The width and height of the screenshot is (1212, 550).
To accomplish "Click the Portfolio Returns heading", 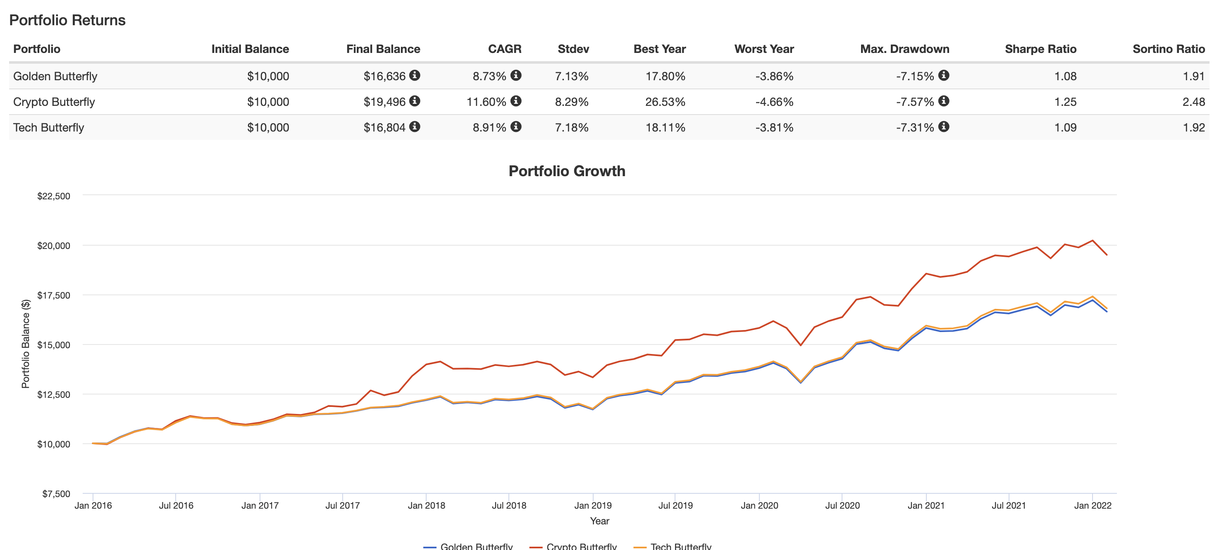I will click(x=67, y=20).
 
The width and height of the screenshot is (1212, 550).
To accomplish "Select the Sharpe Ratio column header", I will click(x=1040, y=49).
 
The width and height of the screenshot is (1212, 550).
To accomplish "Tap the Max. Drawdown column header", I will click(x=904, y=49).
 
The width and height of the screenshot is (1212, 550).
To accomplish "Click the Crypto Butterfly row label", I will click(x=54, y=102).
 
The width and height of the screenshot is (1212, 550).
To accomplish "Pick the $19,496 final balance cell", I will click(x=384, y=102).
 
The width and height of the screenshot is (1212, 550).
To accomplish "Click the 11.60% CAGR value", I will click(x=486, y=102).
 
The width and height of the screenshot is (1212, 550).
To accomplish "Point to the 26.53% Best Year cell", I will click(x=665, y=102).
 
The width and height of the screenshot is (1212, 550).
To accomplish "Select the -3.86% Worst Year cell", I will click(x=774, y=76).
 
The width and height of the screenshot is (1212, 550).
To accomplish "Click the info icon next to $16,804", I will click(x=415, y=127).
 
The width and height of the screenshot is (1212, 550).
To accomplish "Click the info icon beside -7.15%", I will click(x=943, y=75).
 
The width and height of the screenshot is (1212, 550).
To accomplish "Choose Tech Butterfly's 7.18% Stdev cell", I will click(x=572, y=127).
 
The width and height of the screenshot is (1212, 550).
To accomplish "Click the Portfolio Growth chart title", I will click(x=567, y=171).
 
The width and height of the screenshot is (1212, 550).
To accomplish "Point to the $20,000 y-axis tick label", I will click(x=54, y=246).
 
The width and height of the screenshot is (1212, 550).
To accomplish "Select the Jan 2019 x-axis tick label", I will click(x=593, y=505).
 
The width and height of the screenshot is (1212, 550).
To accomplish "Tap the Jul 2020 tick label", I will click(x=842, y=505).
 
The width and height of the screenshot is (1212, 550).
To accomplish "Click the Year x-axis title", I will click(x=599, y=521).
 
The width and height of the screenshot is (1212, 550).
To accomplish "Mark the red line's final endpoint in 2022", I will click(x=1107, y=255).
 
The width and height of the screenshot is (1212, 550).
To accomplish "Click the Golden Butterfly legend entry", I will click(x=476, y=546).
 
